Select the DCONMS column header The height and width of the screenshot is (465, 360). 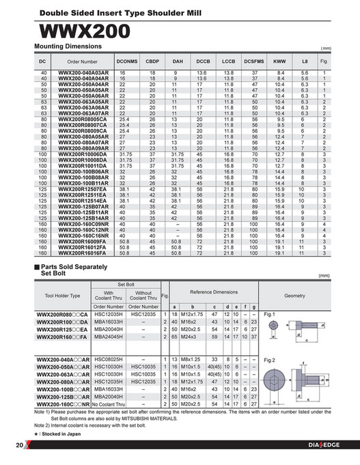[x=127, y=61]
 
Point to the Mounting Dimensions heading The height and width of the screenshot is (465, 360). [x=68, y=46]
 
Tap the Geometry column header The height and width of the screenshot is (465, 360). [x=294, y=295]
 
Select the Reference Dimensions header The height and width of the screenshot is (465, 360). [x=213, y=292]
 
